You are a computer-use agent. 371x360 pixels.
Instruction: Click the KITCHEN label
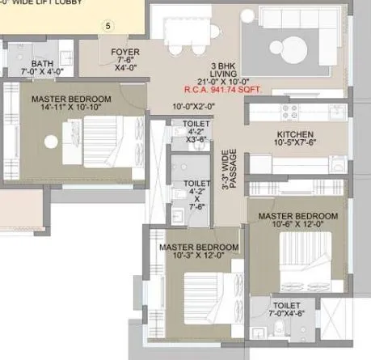tap(295, 133)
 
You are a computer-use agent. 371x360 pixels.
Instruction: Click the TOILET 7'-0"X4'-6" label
tap(286, 308)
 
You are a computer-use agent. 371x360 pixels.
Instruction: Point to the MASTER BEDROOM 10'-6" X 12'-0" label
tap(297, 220)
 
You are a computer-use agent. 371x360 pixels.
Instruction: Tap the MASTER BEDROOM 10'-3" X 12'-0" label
tap(198, 251)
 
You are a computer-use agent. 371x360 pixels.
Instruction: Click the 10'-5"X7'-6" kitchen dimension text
tap(295, 143)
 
